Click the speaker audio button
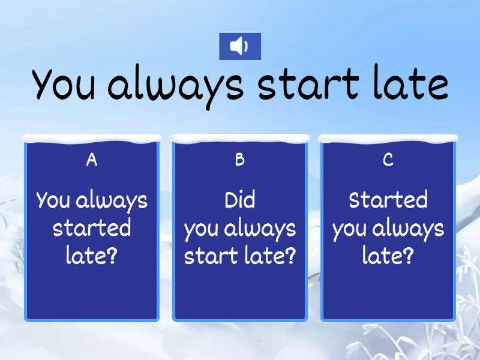239,46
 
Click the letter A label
91,160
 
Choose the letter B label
239,160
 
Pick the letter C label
388,160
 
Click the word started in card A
92,228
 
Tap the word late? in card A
92,256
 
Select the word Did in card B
239,200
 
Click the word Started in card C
388,200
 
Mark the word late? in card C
388,256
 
